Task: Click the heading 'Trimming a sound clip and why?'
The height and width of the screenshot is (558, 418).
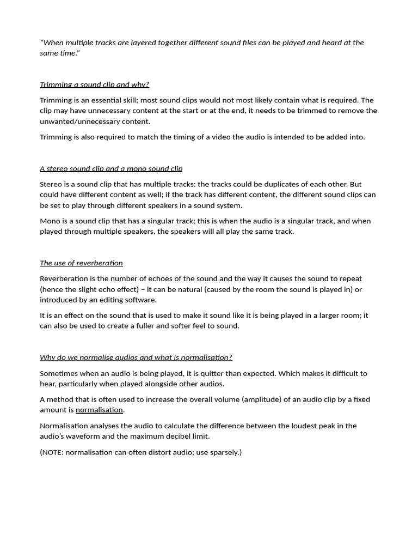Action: point(94,84)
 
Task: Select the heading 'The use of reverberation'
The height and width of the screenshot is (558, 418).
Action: point(81,263)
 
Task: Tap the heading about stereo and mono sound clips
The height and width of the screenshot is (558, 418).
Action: point(111,168)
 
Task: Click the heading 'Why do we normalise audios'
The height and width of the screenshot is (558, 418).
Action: point(136,357)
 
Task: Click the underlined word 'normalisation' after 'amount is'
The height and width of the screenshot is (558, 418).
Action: point(99,410)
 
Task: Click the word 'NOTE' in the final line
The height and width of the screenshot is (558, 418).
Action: point(53,452)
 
